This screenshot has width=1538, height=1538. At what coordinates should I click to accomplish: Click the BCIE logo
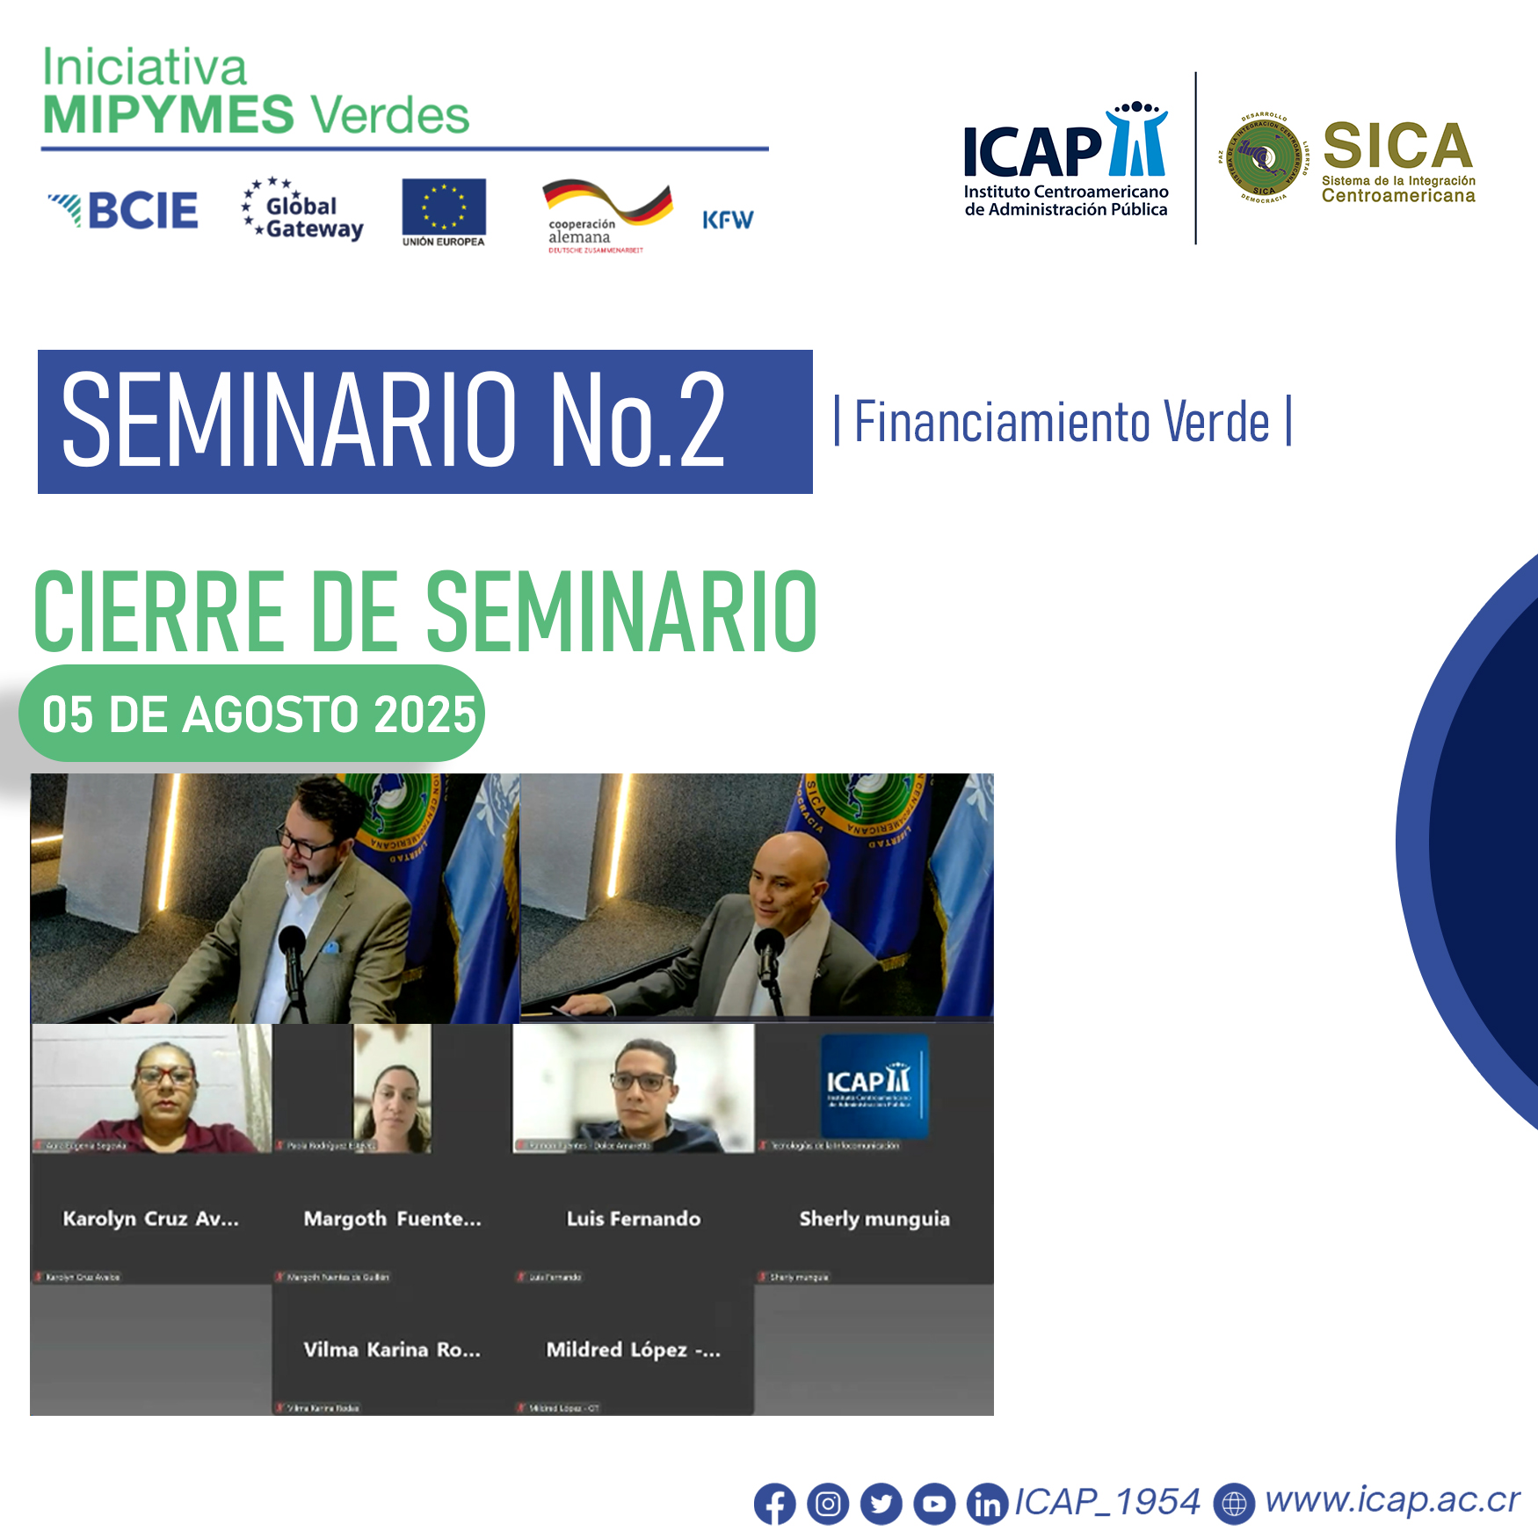tap(124, 211)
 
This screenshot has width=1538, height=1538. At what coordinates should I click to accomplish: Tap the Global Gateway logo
tap(302, 211)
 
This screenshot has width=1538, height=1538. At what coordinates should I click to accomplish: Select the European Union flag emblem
tap(444, 207)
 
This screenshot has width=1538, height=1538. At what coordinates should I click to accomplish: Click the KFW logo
tap(728, 220)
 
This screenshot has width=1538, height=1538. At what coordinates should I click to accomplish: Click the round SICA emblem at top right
tap(1264, 159)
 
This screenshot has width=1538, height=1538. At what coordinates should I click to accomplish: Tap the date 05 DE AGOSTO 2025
tap(258, 715)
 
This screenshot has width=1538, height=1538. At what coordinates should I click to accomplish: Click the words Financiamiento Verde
tap(1062, 422)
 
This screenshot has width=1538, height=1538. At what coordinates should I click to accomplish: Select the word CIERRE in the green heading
tap(159, 613)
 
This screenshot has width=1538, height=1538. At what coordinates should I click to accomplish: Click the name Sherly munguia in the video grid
tap(874, 1219)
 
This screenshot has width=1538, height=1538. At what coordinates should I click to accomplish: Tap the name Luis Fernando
tap(634, 1219)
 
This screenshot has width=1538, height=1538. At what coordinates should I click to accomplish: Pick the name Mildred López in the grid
tap(633, 1350)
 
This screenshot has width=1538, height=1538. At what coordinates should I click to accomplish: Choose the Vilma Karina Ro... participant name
tap(392, 1350)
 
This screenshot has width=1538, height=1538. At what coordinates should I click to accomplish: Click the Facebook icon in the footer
tap(774, 1504)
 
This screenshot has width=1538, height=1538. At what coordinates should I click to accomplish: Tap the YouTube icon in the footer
tap(934, 1504)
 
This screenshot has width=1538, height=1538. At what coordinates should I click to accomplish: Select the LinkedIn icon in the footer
tap(987, 1504)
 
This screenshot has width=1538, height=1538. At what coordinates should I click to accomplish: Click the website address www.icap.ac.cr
tap(1391, 1500)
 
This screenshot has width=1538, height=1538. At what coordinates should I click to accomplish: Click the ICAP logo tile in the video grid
tap(874, 1086)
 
